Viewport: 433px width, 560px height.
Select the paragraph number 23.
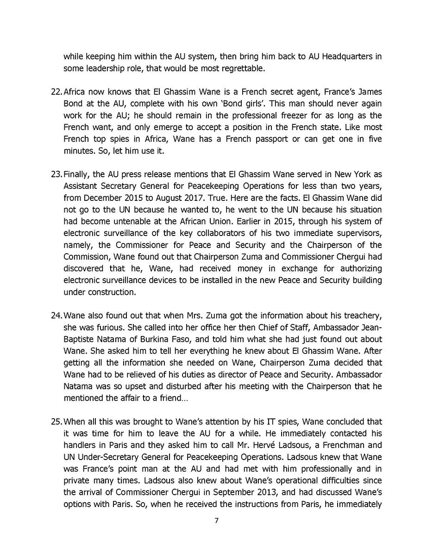(x=56, y=174)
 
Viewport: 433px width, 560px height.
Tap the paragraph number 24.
(x=56, y=316)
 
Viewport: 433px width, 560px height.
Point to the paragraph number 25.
(x=56, y=422)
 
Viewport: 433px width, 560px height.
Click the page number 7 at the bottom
(x=216, y=521)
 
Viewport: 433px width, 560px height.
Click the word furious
(x=110, y=327)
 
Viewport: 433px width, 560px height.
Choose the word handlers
(x=79, y=445)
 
